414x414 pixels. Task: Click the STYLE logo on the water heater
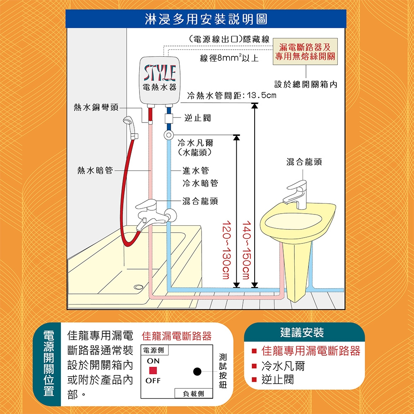[160, 73]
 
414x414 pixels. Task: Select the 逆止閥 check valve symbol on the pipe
[169, 118]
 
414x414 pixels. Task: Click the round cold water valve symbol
[168, 135]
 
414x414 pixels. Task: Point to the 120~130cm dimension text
[226, 250]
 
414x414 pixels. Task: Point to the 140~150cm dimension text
[246, 250]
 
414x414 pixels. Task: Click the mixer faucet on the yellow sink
[296, 194]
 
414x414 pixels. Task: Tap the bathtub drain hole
[138, 287]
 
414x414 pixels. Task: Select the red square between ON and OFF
[153, 371]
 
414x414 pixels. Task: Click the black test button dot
[197, 371]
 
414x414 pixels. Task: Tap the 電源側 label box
[154, 350]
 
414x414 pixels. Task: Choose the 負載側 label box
[193, 393]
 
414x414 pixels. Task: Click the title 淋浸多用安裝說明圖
[206, 19]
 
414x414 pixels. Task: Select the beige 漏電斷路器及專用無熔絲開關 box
[305, 51]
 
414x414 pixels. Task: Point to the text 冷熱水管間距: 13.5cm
[231, 95]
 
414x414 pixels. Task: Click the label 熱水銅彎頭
[96, 108]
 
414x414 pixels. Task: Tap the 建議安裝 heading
[302, 332]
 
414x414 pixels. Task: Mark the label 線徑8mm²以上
[229, 58]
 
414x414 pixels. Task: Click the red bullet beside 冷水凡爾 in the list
[254, 366]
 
